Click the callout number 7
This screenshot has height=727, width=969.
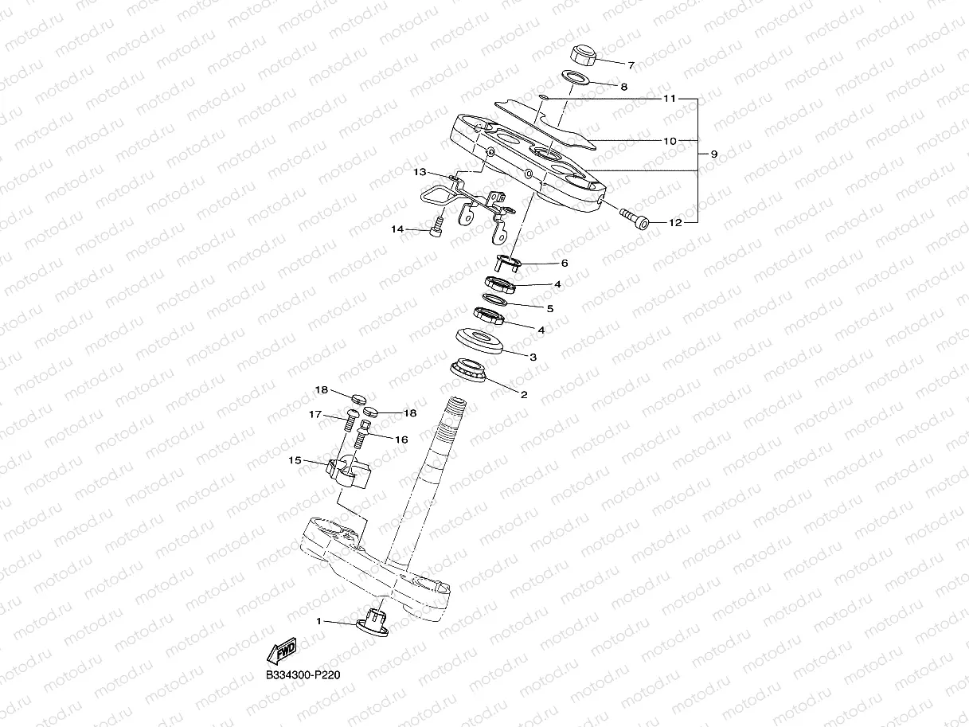631,65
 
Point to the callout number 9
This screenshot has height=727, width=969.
713,154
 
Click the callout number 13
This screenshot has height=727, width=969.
420,172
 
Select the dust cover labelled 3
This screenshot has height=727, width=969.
479,341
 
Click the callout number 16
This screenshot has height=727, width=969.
401,440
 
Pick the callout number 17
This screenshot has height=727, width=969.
316,414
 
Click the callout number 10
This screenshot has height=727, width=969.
670,141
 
